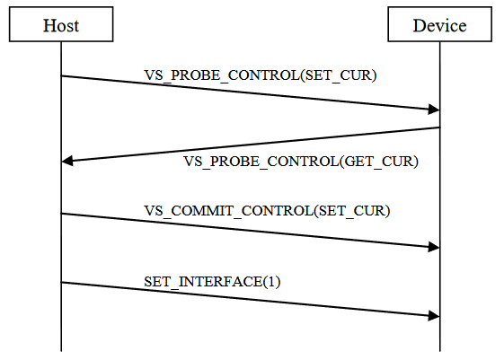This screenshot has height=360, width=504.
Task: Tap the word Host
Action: click(61, 26)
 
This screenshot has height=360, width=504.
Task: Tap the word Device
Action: click(439, 26)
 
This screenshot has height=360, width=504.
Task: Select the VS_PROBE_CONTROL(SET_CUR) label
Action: click(261, 75)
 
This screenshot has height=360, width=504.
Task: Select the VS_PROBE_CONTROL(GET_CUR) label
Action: click(301, 162)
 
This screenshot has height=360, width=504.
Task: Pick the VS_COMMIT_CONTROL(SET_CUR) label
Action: click(267, 211)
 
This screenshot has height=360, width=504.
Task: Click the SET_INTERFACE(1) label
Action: click(212, 282)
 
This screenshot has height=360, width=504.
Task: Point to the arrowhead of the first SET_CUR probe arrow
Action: click(434, 110)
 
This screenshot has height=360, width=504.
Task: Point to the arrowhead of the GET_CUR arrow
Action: click(67, 161)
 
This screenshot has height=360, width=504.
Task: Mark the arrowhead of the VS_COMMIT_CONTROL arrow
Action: click(434, 247)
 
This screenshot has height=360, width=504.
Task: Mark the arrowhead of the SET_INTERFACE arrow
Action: click(434, 316)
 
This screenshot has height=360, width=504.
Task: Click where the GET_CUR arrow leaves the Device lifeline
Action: click(439, 127)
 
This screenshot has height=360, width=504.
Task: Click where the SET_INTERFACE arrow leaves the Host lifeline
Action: click(61, 283)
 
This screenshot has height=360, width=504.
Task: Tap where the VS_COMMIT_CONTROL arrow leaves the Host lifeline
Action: click(61, 214)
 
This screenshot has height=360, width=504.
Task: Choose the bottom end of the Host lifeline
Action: click(61, 351)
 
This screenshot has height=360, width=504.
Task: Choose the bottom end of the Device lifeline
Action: click(439, 351)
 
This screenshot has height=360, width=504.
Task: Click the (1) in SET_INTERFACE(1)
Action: click(271, 282)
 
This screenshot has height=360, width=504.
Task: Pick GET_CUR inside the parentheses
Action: click(379, 162)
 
